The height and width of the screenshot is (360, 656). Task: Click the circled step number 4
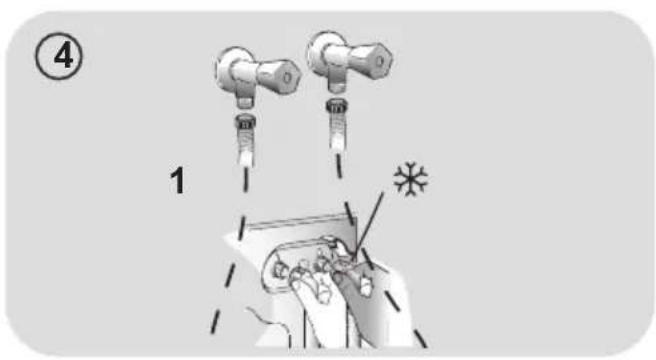(59, 56)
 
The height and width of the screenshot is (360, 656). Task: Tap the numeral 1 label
(177, 180)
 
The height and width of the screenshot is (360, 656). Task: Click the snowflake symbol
(410, 179)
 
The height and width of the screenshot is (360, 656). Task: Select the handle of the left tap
(279, 77)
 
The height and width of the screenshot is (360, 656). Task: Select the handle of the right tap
(370, 61)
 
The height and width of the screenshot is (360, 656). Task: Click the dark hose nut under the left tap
(245, 122)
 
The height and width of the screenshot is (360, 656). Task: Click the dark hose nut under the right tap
(336, 106)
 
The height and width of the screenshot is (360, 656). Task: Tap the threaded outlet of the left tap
(244, 101)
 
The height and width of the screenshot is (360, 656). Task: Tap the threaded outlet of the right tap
(335, 86)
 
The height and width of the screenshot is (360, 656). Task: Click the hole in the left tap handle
(287, 77)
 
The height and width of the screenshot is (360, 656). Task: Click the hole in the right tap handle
(379, 62)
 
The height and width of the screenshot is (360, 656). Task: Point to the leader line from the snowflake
(369, 226)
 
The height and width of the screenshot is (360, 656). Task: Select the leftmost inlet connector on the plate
(278, 271)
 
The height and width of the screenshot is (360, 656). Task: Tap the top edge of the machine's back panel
(299, 221)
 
